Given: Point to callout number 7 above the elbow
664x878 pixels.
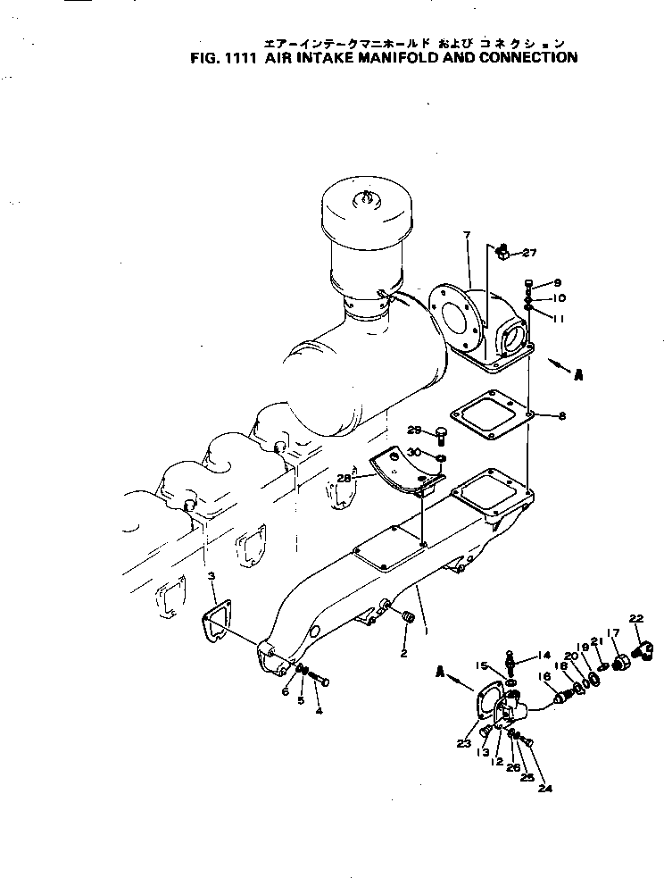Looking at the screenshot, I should (466, 235).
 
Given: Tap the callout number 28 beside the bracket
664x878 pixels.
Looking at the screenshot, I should (344, 479).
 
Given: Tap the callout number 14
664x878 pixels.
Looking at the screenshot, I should (544, 655).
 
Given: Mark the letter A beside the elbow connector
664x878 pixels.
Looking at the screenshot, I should (578, 375).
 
